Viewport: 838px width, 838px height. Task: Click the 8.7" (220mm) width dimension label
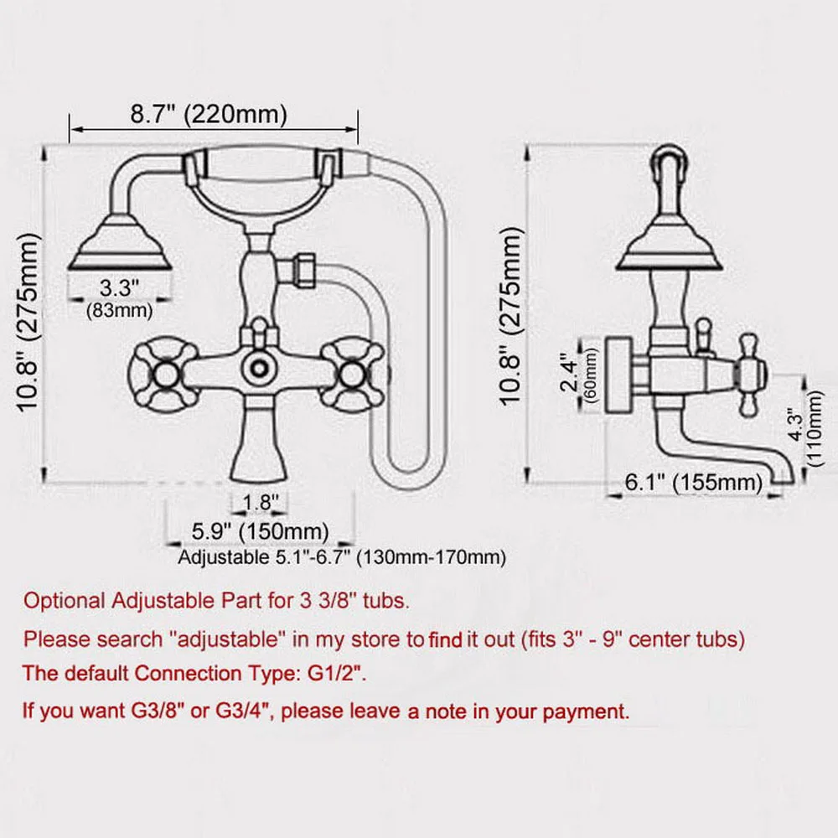209,114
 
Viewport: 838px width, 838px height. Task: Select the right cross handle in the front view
355,370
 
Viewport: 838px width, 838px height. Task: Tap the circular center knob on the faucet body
259,366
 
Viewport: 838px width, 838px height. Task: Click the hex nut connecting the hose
299,270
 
